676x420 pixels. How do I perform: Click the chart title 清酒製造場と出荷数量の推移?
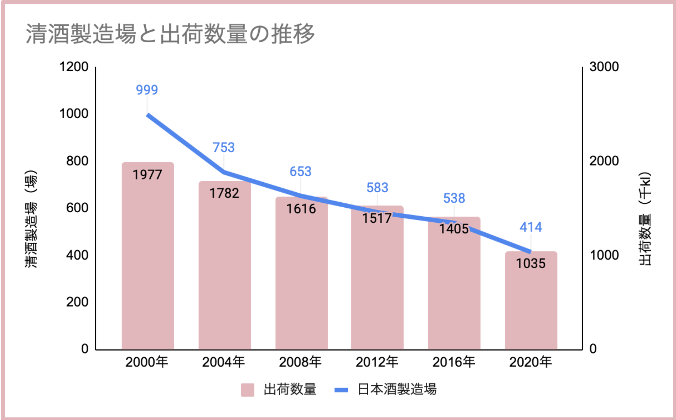[x=170, y=34]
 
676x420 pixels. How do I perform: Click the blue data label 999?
[x=147, y=90]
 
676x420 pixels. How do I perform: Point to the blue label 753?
[x=224, y=147]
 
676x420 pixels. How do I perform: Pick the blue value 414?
[x=530, y=227]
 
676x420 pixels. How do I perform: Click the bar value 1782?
[x=224, y=193]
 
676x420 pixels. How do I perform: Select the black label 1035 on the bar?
[x=530, y=264]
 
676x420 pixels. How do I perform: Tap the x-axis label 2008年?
[x=300, y=362]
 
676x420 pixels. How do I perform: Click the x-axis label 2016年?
[x=454, y=362]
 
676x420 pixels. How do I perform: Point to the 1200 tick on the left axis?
[x=74, y=67]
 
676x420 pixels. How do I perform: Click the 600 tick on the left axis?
[x=77, y=208]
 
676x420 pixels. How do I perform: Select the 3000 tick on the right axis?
[x=604, y=67]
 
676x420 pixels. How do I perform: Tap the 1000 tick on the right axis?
[x=604, y=255]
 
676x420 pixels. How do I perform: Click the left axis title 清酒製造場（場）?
[x=31, y=219]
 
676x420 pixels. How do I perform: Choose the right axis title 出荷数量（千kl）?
[x=645, y=219]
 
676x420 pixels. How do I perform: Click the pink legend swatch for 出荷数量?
[x=247, y=390]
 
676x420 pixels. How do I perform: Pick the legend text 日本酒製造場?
[x=397, y=390]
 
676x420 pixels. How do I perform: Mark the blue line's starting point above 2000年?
[x=148, y=115]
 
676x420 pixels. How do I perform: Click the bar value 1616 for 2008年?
[x=301, y=209]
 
